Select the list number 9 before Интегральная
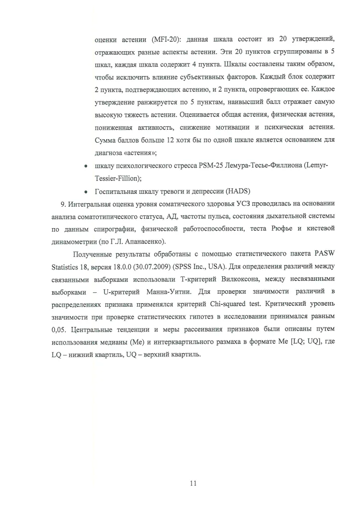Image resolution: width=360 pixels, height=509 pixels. point(62,204)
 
